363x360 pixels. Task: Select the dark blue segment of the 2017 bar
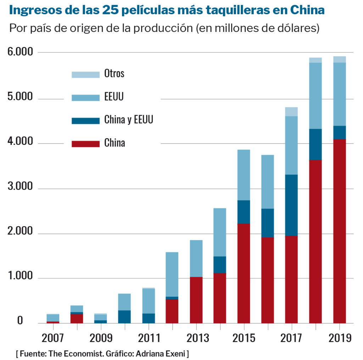pyautogui.click(x=291, y=205)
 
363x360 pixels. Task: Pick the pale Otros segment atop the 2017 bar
pyautogui.click(x=291, y=112)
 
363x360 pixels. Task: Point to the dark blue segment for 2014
pyautogui.click(x=219, y=265)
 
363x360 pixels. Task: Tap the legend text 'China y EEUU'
pyautogui.click(x=128, y=120)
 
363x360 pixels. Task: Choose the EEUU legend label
pyautogui.click(x=114, y=97)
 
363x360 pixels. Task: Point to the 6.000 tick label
pyautogui.click(x=20, y=52)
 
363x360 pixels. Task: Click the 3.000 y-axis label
pyautogui.click(x=20, y=188)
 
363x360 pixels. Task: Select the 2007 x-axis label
pyautogui.click(x=53, y=338)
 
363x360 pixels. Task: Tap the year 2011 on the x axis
pyautogui.click(x=148, y=338)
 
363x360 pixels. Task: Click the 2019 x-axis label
pyautogui.click(x=340, y=338)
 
